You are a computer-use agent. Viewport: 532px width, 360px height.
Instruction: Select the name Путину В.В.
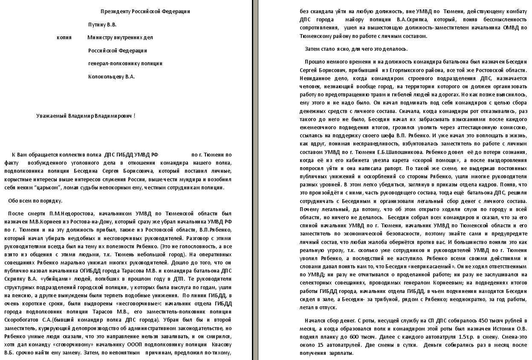[102, 25]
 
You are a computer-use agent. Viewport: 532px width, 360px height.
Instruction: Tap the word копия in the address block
[64, 38]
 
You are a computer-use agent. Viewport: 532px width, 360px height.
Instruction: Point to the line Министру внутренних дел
[120, 38]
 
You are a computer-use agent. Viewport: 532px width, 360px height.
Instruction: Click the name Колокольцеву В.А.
[111, 77]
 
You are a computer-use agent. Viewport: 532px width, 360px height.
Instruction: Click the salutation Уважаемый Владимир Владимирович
[86, 116]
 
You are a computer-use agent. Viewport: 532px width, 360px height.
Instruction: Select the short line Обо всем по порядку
[35, 200]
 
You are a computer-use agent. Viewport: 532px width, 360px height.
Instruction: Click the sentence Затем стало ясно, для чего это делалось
[356, 49]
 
